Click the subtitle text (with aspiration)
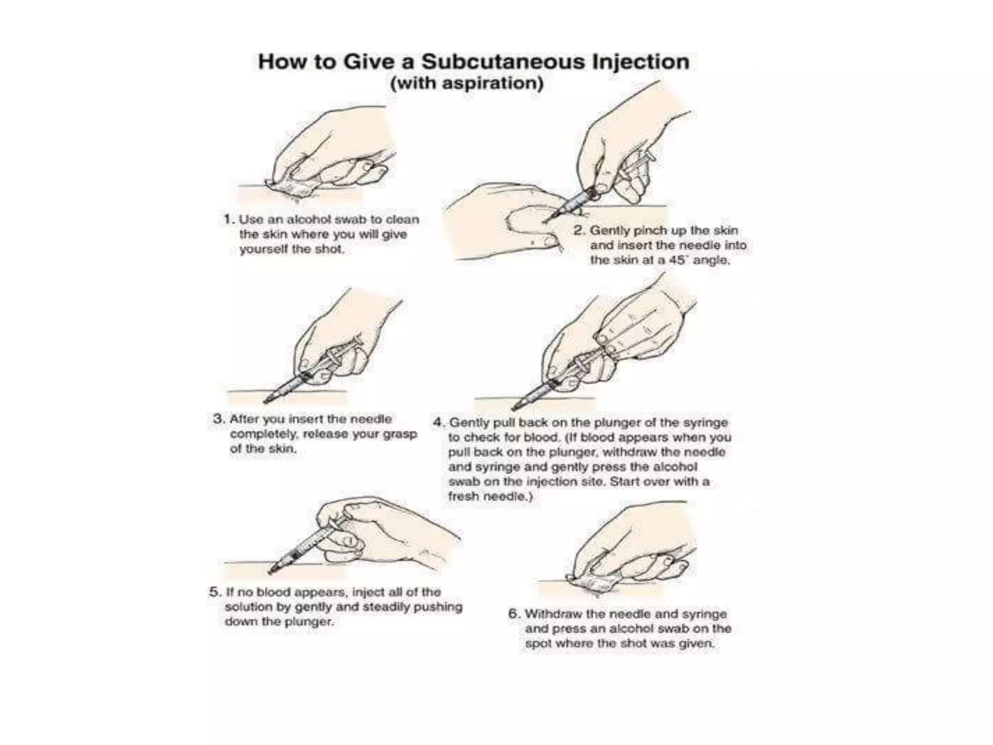coord(467,83)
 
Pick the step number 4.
coord(438,422)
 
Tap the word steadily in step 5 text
coord(386,607)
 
